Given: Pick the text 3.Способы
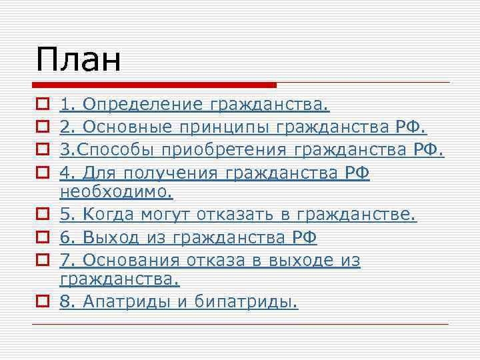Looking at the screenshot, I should pos(101,150).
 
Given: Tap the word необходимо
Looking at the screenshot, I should pos(116,193).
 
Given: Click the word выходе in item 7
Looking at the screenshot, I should pos(299,261).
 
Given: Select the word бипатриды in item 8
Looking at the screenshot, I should pos(246,302).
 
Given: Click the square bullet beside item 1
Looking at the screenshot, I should pos(41,104).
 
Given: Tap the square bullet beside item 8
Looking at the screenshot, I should pos(41,302).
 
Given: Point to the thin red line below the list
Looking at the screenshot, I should pos(240,324).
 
